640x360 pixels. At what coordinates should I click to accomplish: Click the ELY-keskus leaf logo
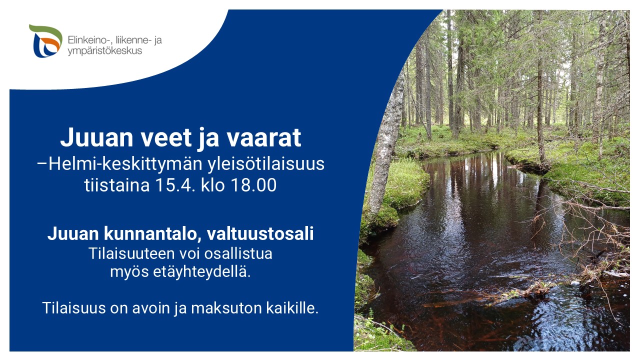pos(45,41)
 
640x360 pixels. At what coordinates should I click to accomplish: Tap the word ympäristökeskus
pos(105,51)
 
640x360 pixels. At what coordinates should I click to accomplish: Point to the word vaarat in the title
pos(264,137)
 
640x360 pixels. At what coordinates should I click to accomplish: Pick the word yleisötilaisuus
pos(266,164)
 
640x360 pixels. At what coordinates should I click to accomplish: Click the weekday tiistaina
pos(117,185)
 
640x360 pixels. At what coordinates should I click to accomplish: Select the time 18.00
pos(253,185)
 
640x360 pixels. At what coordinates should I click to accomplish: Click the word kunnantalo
pos(151,233)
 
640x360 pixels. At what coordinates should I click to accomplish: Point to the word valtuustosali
pos(260,233)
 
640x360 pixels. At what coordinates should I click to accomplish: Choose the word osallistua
pos(238,253)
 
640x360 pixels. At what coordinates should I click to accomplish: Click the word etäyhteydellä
pos(202,271)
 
